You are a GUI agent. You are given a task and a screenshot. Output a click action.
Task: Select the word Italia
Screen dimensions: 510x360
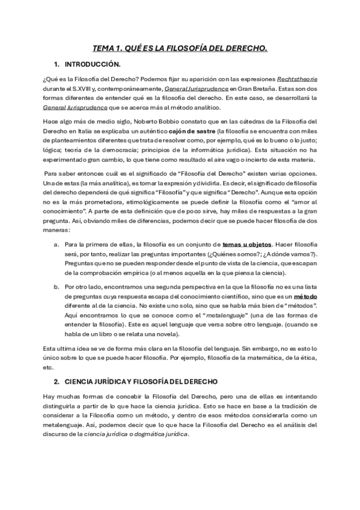tap(82, 131)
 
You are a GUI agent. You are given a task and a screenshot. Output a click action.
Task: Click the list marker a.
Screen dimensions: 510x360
tap(56, 245)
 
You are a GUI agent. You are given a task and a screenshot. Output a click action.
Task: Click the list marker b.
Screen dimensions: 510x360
tap(56, 287)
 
